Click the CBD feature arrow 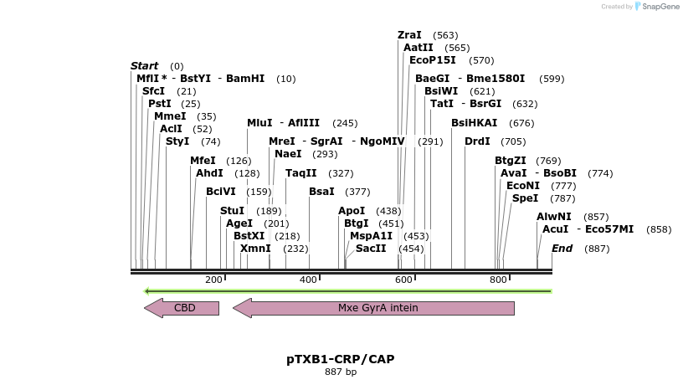[x=182, y=308]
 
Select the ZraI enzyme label [x=409, y=35]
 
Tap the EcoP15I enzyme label [x=433, y=60]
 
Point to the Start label [x=144, y=66]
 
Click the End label [x=562, y=249]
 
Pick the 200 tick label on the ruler [x=213, y=280]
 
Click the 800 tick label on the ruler [x=498, y=280]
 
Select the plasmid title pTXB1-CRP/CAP [x=341, y=359]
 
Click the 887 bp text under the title [x=341, y=372]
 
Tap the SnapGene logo [x=657, y=7]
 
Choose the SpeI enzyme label [x=525, y=198]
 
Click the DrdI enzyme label [x=477, y=141]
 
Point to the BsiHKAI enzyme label [x=474, y=123]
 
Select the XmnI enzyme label [x=255, y=249]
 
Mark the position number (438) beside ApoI [x=388, y=211]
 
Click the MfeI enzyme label [x=203, y=161]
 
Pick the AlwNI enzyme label [x=554, y=217]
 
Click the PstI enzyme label [x=160, y=104]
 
